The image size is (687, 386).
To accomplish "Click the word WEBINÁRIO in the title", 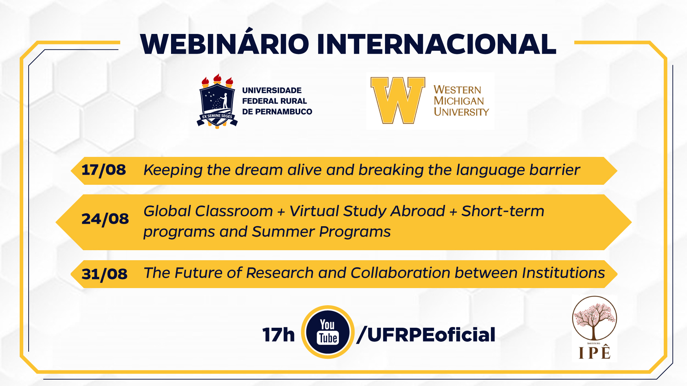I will [x=224, y=44].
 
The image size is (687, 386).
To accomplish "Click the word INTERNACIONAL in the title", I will [x=436, y=44].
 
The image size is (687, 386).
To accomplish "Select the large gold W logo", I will [x=398, y=100].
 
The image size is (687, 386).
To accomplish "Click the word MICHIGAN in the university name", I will [x=459, y=101].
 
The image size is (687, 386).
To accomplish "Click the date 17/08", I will [x=104, y=170].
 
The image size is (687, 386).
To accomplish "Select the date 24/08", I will [x=105, y=219].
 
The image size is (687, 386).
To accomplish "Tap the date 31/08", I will [x=104, y=274].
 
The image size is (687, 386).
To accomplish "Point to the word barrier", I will [x=555, y=170].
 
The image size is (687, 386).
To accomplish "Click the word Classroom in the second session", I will [x=234, y=211].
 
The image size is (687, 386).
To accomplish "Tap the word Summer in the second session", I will [x=283, y=232].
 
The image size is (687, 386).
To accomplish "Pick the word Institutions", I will [x=563, y=273].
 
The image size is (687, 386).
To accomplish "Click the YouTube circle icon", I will [x=328, y=332].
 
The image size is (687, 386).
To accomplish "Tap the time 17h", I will [x=278, y=335].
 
